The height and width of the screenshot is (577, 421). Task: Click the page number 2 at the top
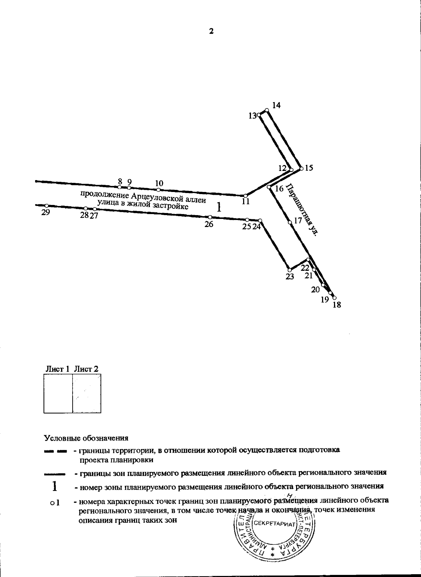click(x=211, y=31)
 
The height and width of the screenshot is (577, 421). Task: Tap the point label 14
click(x=276, y=105)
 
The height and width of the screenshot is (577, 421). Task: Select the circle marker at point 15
click(x=301, y=169)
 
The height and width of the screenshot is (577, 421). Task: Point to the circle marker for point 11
click(x=246, y=195)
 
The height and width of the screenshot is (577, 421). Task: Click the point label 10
click(x=159, y=183)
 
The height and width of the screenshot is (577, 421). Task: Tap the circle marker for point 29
click(x=47, y=206)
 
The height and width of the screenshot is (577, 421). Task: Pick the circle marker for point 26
click(x=210, y=217)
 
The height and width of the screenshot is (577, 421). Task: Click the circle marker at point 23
click(x=289, y=270)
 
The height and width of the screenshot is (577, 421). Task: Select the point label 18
click(x=336, y=305)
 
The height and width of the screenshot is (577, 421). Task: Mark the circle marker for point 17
click(x=290, y=222)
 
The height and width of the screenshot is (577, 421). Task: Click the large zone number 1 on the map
click(x=219, y=207)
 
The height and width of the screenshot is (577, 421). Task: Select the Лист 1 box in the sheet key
click(x=58, y=394)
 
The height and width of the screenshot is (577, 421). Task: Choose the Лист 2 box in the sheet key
click(x=87, y=394)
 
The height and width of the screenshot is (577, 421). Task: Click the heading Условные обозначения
click(x=86, y=438)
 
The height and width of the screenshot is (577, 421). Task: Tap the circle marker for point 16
click(x=269, y=187)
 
